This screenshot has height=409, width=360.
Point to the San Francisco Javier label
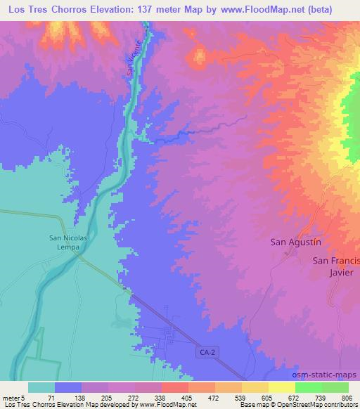pyautogui.click(x=336, y=267)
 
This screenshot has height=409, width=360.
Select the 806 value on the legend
pyautogui.click(x=348, y=397)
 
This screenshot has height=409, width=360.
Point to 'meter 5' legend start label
pyautogui.click(x=13, y=397)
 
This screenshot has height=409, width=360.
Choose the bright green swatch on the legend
pyautogui.click(x=309, y=387)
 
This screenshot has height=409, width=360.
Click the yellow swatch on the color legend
pyautogui.click(x=282, y=387)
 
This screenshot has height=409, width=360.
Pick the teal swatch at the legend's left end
pyautogui.click(x=41, y=387)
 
